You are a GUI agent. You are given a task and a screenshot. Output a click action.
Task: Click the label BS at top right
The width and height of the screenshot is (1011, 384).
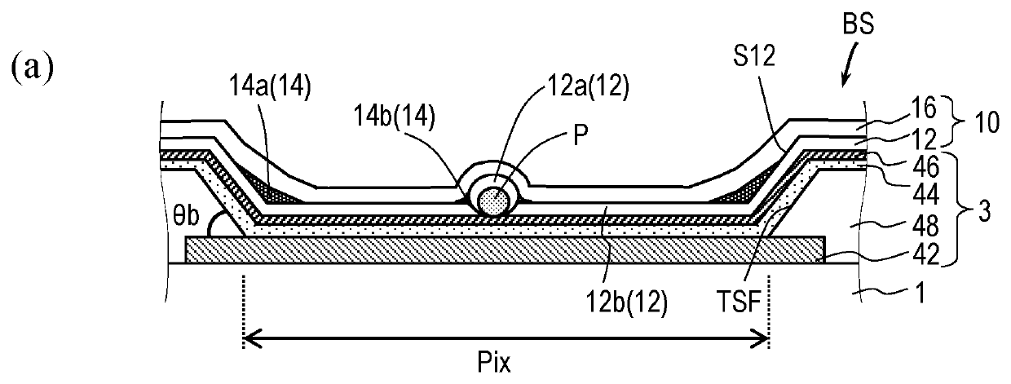click(858, 24)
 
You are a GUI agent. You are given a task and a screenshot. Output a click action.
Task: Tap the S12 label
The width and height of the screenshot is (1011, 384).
click(754, 56)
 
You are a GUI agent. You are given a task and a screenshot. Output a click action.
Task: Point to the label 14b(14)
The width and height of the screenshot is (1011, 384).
click(394, 117)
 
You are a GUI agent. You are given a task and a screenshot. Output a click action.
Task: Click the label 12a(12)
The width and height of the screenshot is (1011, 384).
click(588, 86)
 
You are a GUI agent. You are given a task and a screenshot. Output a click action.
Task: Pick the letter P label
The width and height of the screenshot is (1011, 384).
click(581, 135)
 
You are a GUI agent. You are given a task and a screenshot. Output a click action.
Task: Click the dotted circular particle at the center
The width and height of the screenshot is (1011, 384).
click(495, 200)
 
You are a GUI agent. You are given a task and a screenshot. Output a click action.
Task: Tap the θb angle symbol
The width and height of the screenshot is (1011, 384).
click(186, 216)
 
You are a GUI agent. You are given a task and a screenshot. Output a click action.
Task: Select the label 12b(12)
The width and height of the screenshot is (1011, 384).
click(626, 301)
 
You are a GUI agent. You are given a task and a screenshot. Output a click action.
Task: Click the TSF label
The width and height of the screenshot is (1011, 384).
click(739, 301)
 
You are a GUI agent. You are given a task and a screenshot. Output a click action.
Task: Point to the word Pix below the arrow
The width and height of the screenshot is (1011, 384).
click(494, 362)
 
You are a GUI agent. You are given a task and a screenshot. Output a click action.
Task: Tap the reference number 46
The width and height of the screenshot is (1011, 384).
click(925, 166)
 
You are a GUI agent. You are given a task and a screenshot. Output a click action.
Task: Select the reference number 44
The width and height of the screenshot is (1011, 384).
click(925, 195)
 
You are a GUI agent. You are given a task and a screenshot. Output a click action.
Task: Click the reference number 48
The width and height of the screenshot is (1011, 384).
click(925, 225)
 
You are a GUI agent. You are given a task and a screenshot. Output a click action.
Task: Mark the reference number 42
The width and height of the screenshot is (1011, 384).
click(925, 254)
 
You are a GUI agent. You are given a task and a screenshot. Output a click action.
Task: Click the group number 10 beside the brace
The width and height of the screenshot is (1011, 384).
click(987, 122)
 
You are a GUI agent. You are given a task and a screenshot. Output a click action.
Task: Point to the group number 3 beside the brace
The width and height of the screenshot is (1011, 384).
click(984, 211)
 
